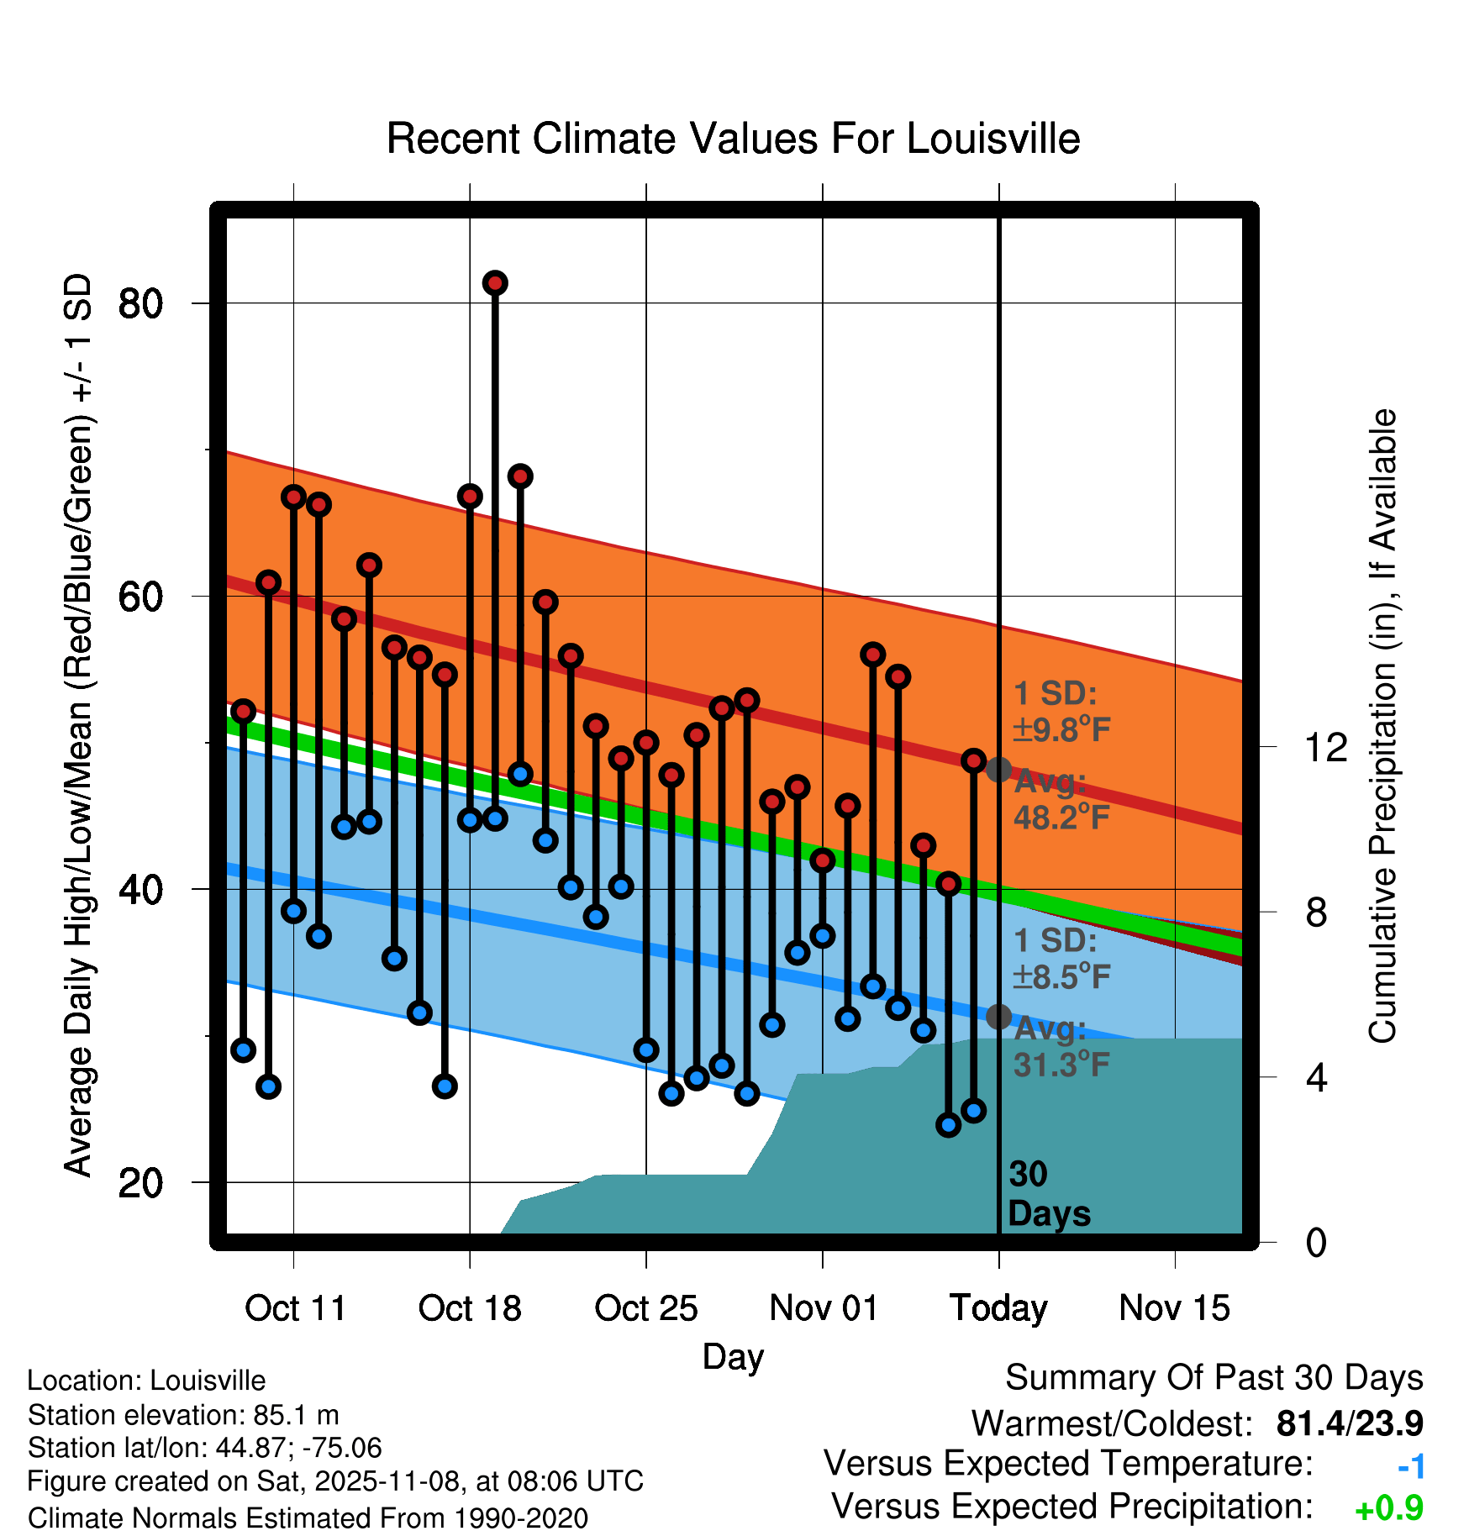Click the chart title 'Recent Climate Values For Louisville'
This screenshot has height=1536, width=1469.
[733, 139]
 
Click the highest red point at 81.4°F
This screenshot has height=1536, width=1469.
[495, 283]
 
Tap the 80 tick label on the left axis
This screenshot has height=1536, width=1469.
[140, 303]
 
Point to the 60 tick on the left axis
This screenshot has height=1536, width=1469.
[140, 597]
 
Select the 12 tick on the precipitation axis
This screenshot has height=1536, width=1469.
[1325, 747]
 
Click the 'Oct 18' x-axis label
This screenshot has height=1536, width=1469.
[470, 1308]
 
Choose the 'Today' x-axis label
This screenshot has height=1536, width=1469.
[998, 1308]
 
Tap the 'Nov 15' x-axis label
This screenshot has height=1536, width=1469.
[1174, 1308]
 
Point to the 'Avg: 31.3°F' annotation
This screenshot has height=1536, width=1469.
[1061, 1047]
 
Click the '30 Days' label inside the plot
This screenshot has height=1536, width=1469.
[1048, 1194]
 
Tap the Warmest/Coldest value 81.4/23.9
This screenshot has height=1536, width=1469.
[1350, 1423]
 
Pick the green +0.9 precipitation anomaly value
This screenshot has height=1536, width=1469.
[1389, 1508]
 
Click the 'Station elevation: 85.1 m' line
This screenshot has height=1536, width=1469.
[183, 1415]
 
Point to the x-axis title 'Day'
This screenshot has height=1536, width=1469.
[733, 1356]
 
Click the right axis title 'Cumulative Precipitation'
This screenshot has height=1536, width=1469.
[1382, 727]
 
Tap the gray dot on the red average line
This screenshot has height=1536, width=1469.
[998, 769]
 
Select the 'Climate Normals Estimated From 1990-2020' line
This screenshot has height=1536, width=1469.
[308, 1518]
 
